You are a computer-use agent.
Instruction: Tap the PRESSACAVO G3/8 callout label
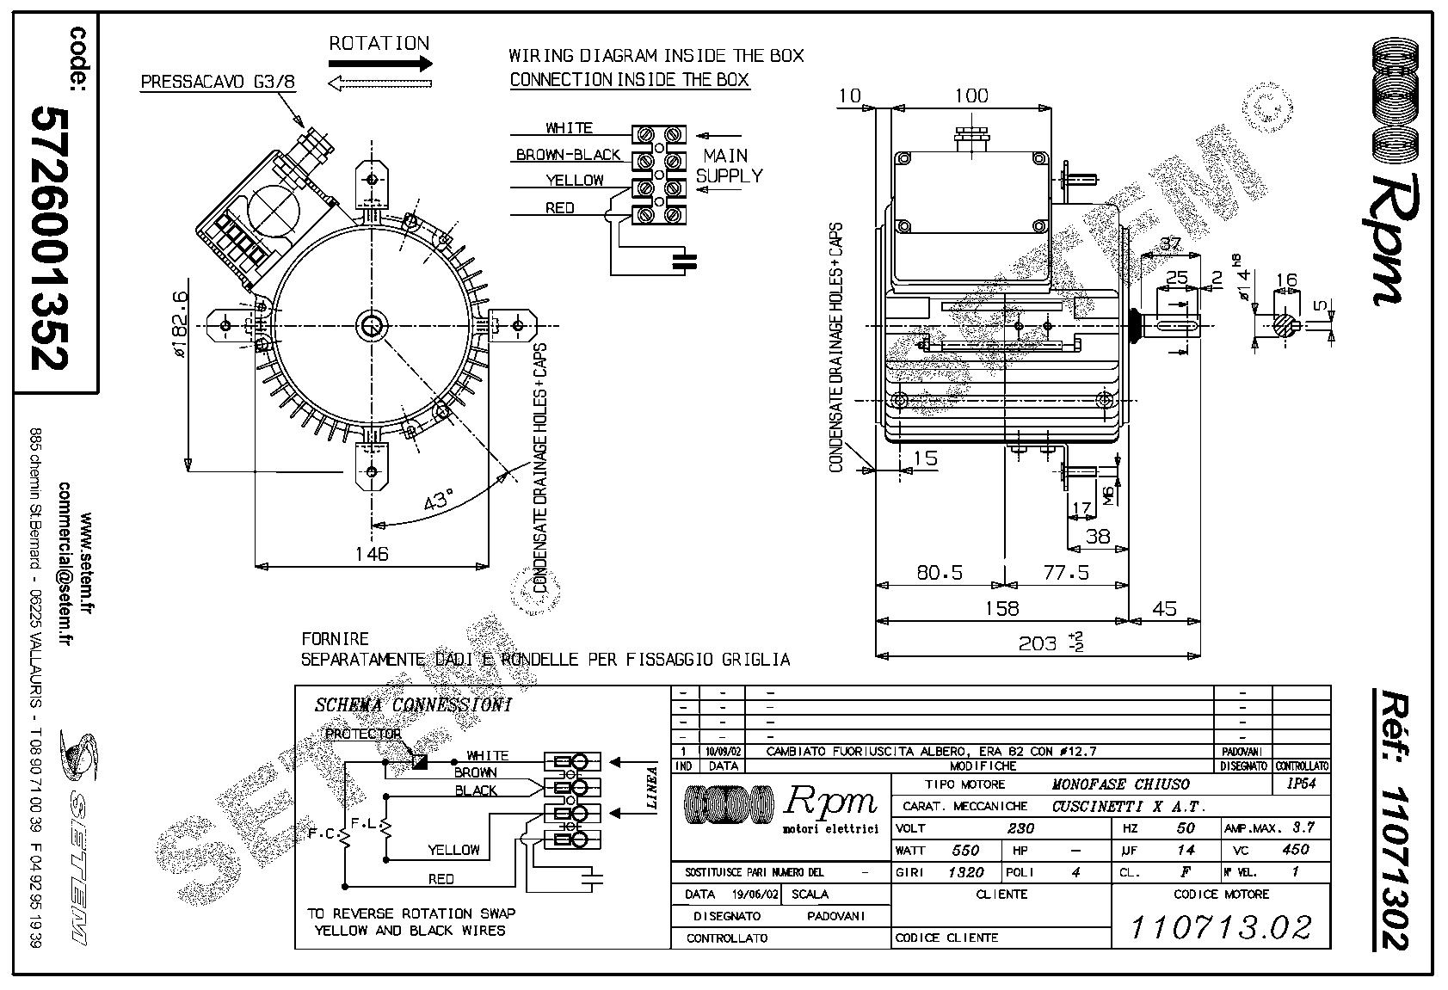pos(218,83)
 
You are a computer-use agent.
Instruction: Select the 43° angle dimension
pos(439,500)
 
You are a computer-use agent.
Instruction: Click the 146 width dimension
pos(372,553)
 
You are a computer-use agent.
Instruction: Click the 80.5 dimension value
pos(939,572)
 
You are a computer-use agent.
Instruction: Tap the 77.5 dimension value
pos(1065,572)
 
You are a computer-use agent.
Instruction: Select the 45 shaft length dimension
pos(1163,608)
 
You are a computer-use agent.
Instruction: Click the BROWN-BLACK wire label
pos(568,155)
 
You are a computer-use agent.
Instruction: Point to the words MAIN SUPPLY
pos(729,166)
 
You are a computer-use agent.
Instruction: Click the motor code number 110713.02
pos(1221,927)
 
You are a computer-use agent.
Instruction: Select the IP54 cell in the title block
pos(1301,784)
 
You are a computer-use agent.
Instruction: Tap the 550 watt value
pos(965,850)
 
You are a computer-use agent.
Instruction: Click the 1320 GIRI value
pos(966,872)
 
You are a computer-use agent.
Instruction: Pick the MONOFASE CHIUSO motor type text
pos(1121,784)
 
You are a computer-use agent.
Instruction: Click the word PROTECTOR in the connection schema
pos(362,734)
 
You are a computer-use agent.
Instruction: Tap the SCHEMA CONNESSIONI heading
pos(413,705)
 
